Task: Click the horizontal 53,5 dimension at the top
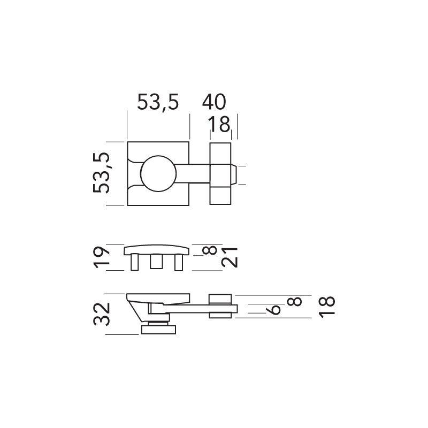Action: [x=157, y=102]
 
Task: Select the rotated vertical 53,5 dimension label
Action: [x=101, y=173]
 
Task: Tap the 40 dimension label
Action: [x=214, y=102]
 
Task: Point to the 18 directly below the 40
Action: [x=219, y=125]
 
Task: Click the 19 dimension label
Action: [x=101, y=257]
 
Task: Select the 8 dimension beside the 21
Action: [x=212, y=250]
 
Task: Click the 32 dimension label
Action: [x=101, y=314]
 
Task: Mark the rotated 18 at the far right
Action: [x=328, y=306]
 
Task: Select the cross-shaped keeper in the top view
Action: [x=220, y=173]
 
